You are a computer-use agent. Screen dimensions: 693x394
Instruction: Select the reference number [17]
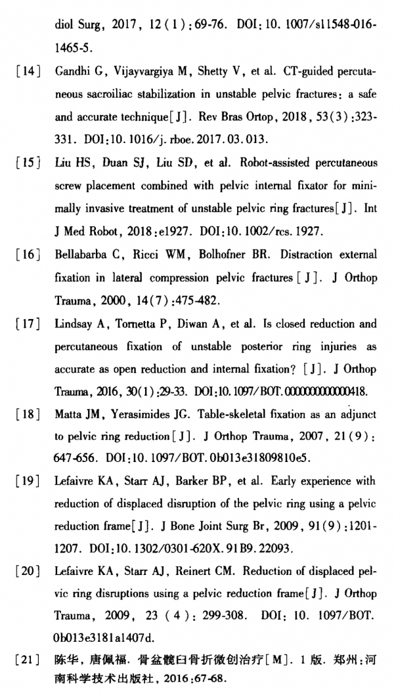coord(29,324)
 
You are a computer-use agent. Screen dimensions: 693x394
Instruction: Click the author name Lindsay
coord(74,324)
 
